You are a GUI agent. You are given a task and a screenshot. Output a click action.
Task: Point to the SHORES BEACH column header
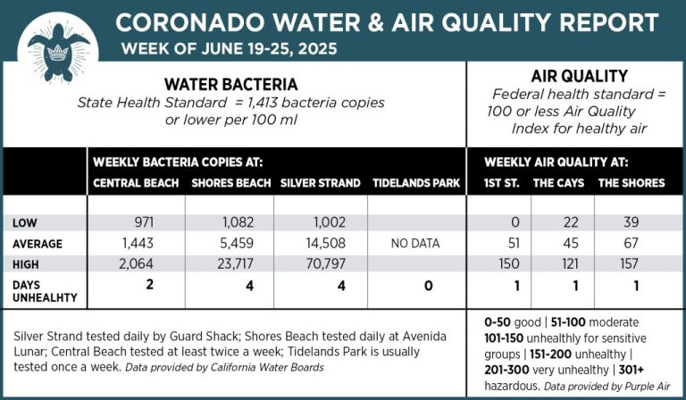[231, 183]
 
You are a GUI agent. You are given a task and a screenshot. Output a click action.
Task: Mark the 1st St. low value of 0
[514, 220]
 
